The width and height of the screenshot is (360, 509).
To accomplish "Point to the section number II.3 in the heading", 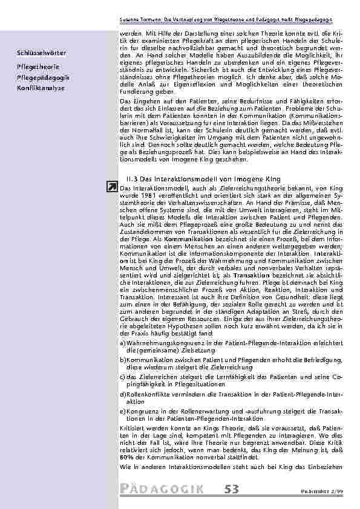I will [129, 180].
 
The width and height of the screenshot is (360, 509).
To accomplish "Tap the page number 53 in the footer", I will [234, 487].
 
